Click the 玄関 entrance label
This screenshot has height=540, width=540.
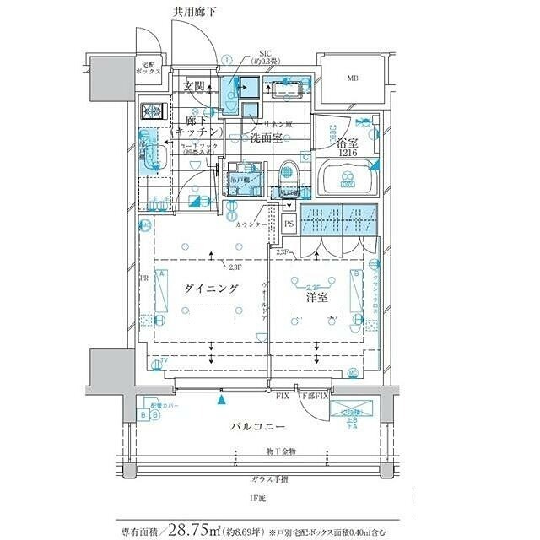coord(197,86)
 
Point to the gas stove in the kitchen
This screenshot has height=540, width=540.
coord(154,111)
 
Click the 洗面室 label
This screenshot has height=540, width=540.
coord(265,137)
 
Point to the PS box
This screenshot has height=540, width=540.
coord(289,224)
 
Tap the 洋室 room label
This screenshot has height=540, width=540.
coord(316,297)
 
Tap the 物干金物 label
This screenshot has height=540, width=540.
coord(281,452)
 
